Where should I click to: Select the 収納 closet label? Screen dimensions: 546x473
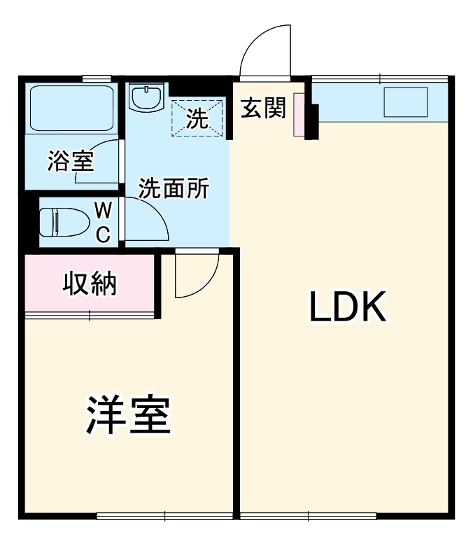tap(90, 284)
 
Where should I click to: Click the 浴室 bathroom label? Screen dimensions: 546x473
tap(70, 161)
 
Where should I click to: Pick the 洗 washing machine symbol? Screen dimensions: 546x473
tap(197, 118)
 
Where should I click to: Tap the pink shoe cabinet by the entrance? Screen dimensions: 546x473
tap(299, 114)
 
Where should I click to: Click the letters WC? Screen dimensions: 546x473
tap(103, 223)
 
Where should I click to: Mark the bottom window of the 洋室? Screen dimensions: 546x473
tap(164, 517)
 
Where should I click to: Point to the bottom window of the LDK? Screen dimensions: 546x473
tap(308, 517)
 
